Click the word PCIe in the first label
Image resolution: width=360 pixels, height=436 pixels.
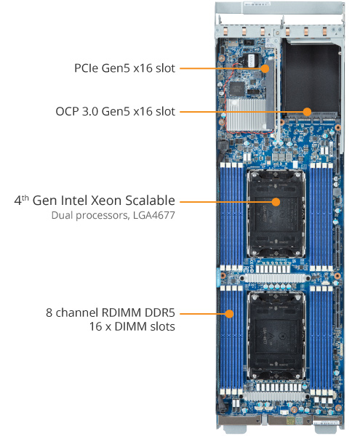click(88, 68)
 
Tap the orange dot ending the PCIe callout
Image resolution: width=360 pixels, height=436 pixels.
click(266, 68)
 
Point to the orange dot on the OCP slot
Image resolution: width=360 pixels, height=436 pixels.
click(308, 112)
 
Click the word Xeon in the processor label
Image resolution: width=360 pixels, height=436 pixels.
click(111, 200)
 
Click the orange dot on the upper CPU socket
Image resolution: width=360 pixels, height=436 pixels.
click(276, 200)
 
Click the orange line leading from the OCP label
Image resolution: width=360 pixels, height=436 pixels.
click(240, 112)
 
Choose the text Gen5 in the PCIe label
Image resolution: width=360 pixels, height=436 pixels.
click(126, 68)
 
